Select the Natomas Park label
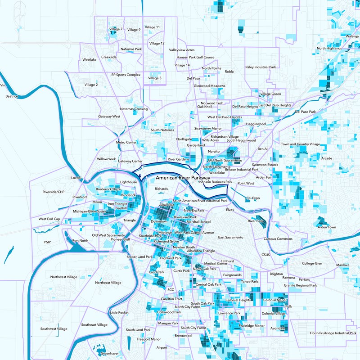(x=131, y=49)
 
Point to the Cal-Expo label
(x=253, y=198)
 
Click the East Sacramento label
(x=230, y=237)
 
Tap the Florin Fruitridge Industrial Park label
(x=333, y=333)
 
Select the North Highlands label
(x=331, y=48)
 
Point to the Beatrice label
(x=12, y=96)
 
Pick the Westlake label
(x=90, y=59)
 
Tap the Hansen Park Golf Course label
(x=195, y=57)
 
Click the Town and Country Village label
(x=300, y=144)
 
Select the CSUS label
(x=265, y=255)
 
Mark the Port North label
(x=80, y=241)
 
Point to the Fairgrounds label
(x=232, y=274)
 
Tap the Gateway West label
(x=109, y=117)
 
